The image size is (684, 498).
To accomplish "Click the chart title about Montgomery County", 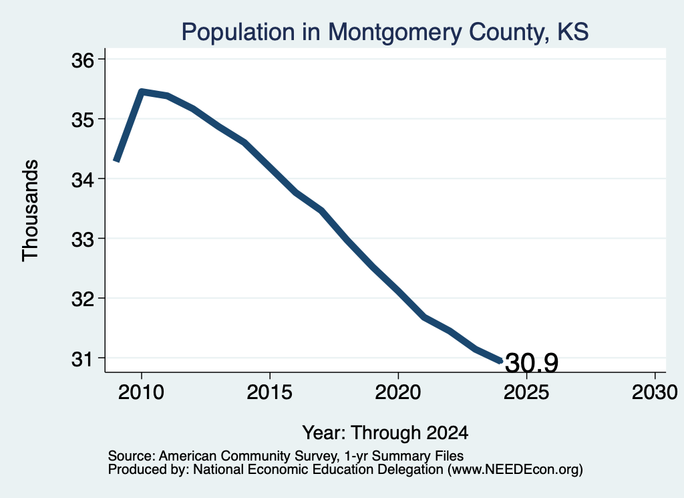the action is coord(385,32).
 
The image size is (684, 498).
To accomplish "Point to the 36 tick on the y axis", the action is coord(83,60).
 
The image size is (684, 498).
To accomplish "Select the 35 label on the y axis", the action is coord(83,120).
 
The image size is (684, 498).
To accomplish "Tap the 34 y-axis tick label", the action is coord(83,180).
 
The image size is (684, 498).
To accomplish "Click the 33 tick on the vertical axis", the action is coord(83,239).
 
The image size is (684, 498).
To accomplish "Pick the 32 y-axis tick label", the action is coord(83,299).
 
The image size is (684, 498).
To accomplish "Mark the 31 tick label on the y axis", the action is coord(83,359).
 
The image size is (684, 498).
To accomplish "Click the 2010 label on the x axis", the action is coord(142,392).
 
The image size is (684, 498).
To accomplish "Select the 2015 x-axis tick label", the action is coord(270,392).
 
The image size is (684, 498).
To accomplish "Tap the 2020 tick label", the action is coord(398,392).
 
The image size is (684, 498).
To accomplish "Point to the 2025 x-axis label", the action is coord(526,392).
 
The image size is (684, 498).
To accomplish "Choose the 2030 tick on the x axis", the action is coord(655,392).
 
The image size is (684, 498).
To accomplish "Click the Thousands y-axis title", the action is coord(31,211).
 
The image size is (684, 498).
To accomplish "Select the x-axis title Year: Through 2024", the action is coord(385,433).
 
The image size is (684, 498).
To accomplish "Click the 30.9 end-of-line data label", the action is coord(531,363).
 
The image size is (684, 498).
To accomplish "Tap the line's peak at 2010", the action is coord(142,92).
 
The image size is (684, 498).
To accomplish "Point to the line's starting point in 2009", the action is coord(116,160).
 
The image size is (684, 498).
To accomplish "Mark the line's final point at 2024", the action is coord(501,361).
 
